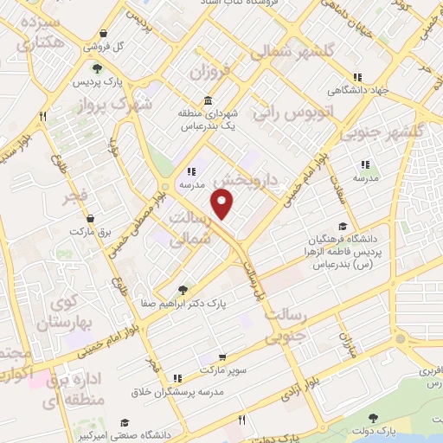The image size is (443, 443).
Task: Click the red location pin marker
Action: (x=223, y=204)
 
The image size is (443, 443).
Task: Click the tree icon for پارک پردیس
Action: (x=97, y=68)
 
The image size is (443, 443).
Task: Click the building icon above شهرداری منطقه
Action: (x=208, y=100)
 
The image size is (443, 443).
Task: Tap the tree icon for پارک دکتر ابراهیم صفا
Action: (x=183, y=290)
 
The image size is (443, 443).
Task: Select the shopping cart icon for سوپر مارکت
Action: (x=222, y=356)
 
